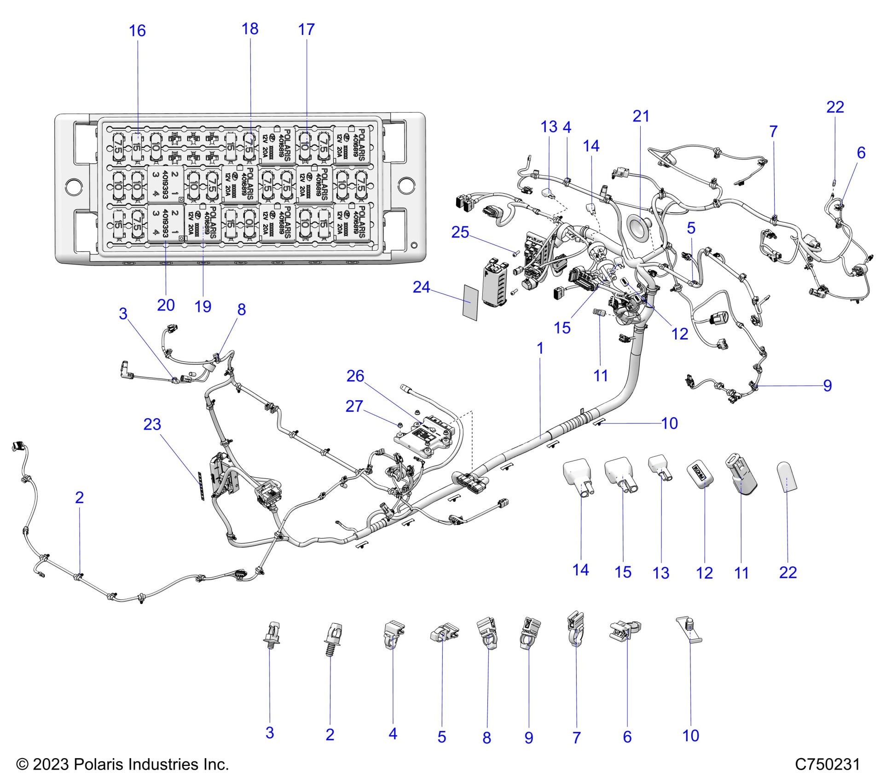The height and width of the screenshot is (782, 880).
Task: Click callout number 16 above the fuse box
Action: (137, 31)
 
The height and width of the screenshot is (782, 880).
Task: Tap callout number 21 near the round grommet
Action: (641, 116)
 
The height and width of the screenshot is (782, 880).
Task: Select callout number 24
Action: (421, 287)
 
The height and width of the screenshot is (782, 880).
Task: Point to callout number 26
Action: (355, 376)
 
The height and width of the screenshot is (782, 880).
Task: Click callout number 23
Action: (152, 424)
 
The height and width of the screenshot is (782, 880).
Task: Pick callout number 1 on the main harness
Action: (540, 348)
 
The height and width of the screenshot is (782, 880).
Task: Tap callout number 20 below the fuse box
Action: (166, 305)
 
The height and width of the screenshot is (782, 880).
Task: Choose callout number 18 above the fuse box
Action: (250, 29)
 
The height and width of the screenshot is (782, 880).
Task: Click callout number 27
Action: (354, 406)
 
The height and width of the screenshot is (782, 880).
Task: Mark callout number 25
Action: (460, 232)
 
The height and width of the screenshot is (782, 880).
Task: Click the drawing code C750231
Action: (827, 764)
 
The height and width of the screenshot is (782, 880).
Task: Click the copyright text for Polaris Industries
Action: (122, 764)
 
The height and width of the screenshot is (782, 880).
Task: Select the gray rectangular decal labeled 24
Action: (470, 302)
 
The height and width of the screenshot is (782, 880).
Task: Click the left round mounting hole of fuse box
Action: (74, 186)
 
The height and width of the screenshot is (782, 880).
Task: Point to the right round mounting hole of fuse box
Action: (406, 185)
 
